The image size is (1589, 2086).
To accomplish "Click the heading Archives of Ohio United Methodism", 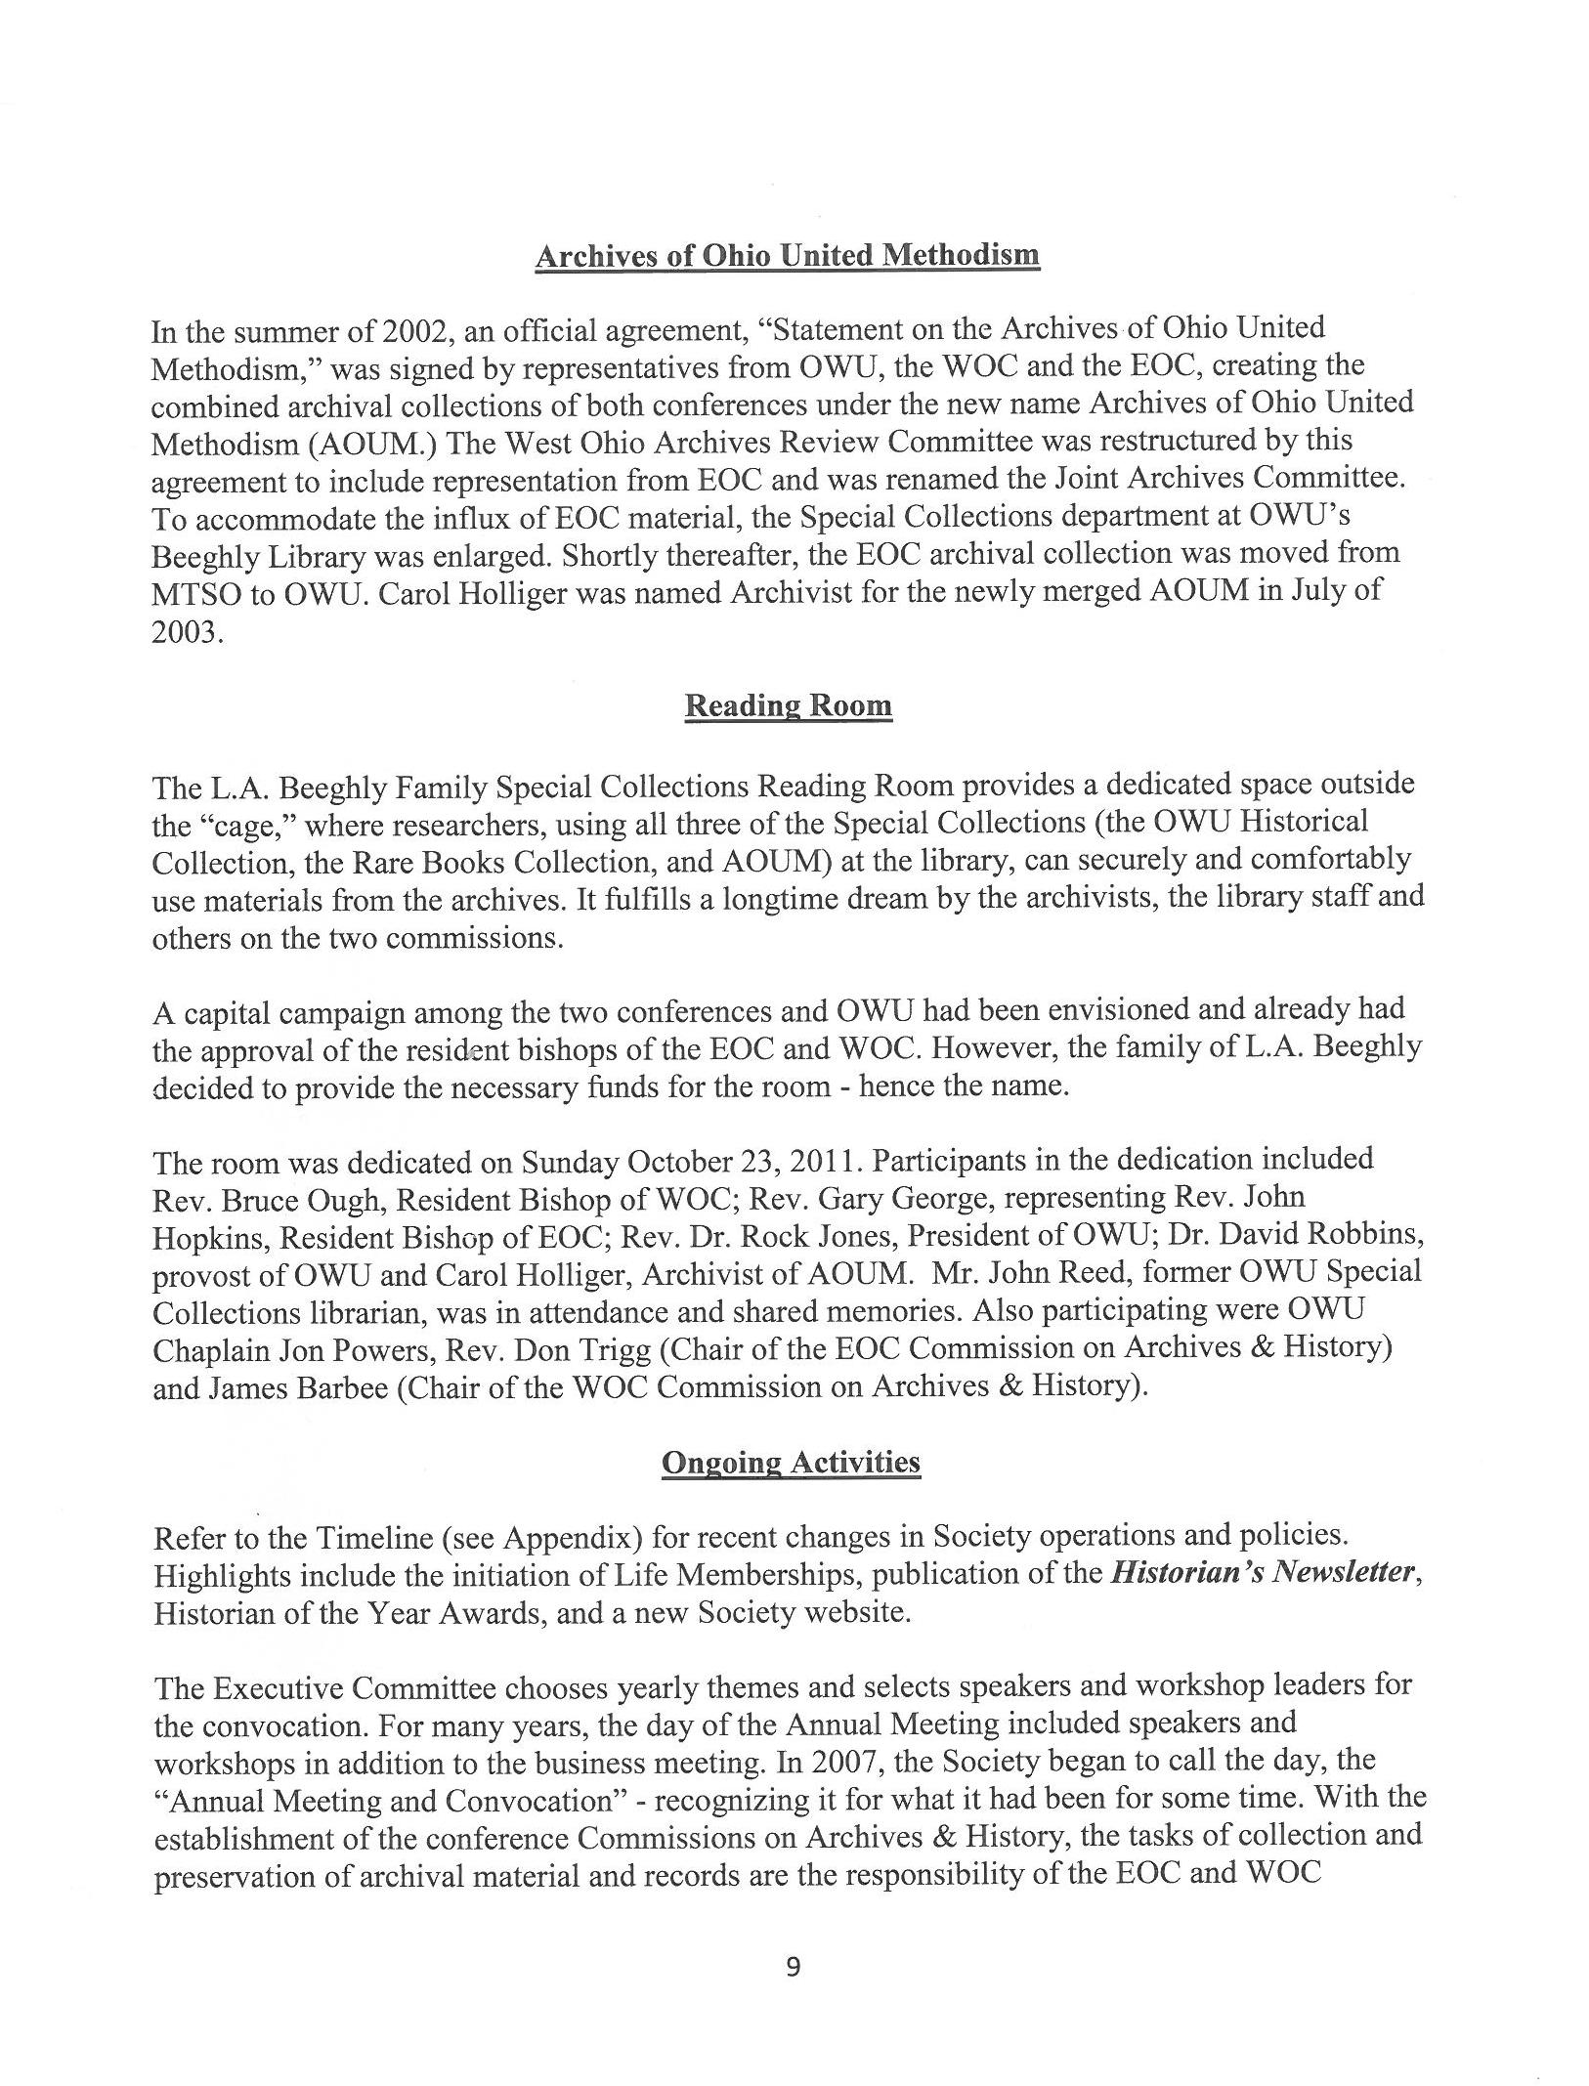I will (787, 256).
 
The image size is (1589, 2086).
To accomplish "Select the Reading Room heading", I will (788, 705).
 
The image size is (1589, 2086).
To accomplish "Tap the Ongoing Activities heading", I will (791, 1463).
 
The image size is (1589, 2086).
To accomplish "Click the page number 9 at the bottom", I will (793, 1967).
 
